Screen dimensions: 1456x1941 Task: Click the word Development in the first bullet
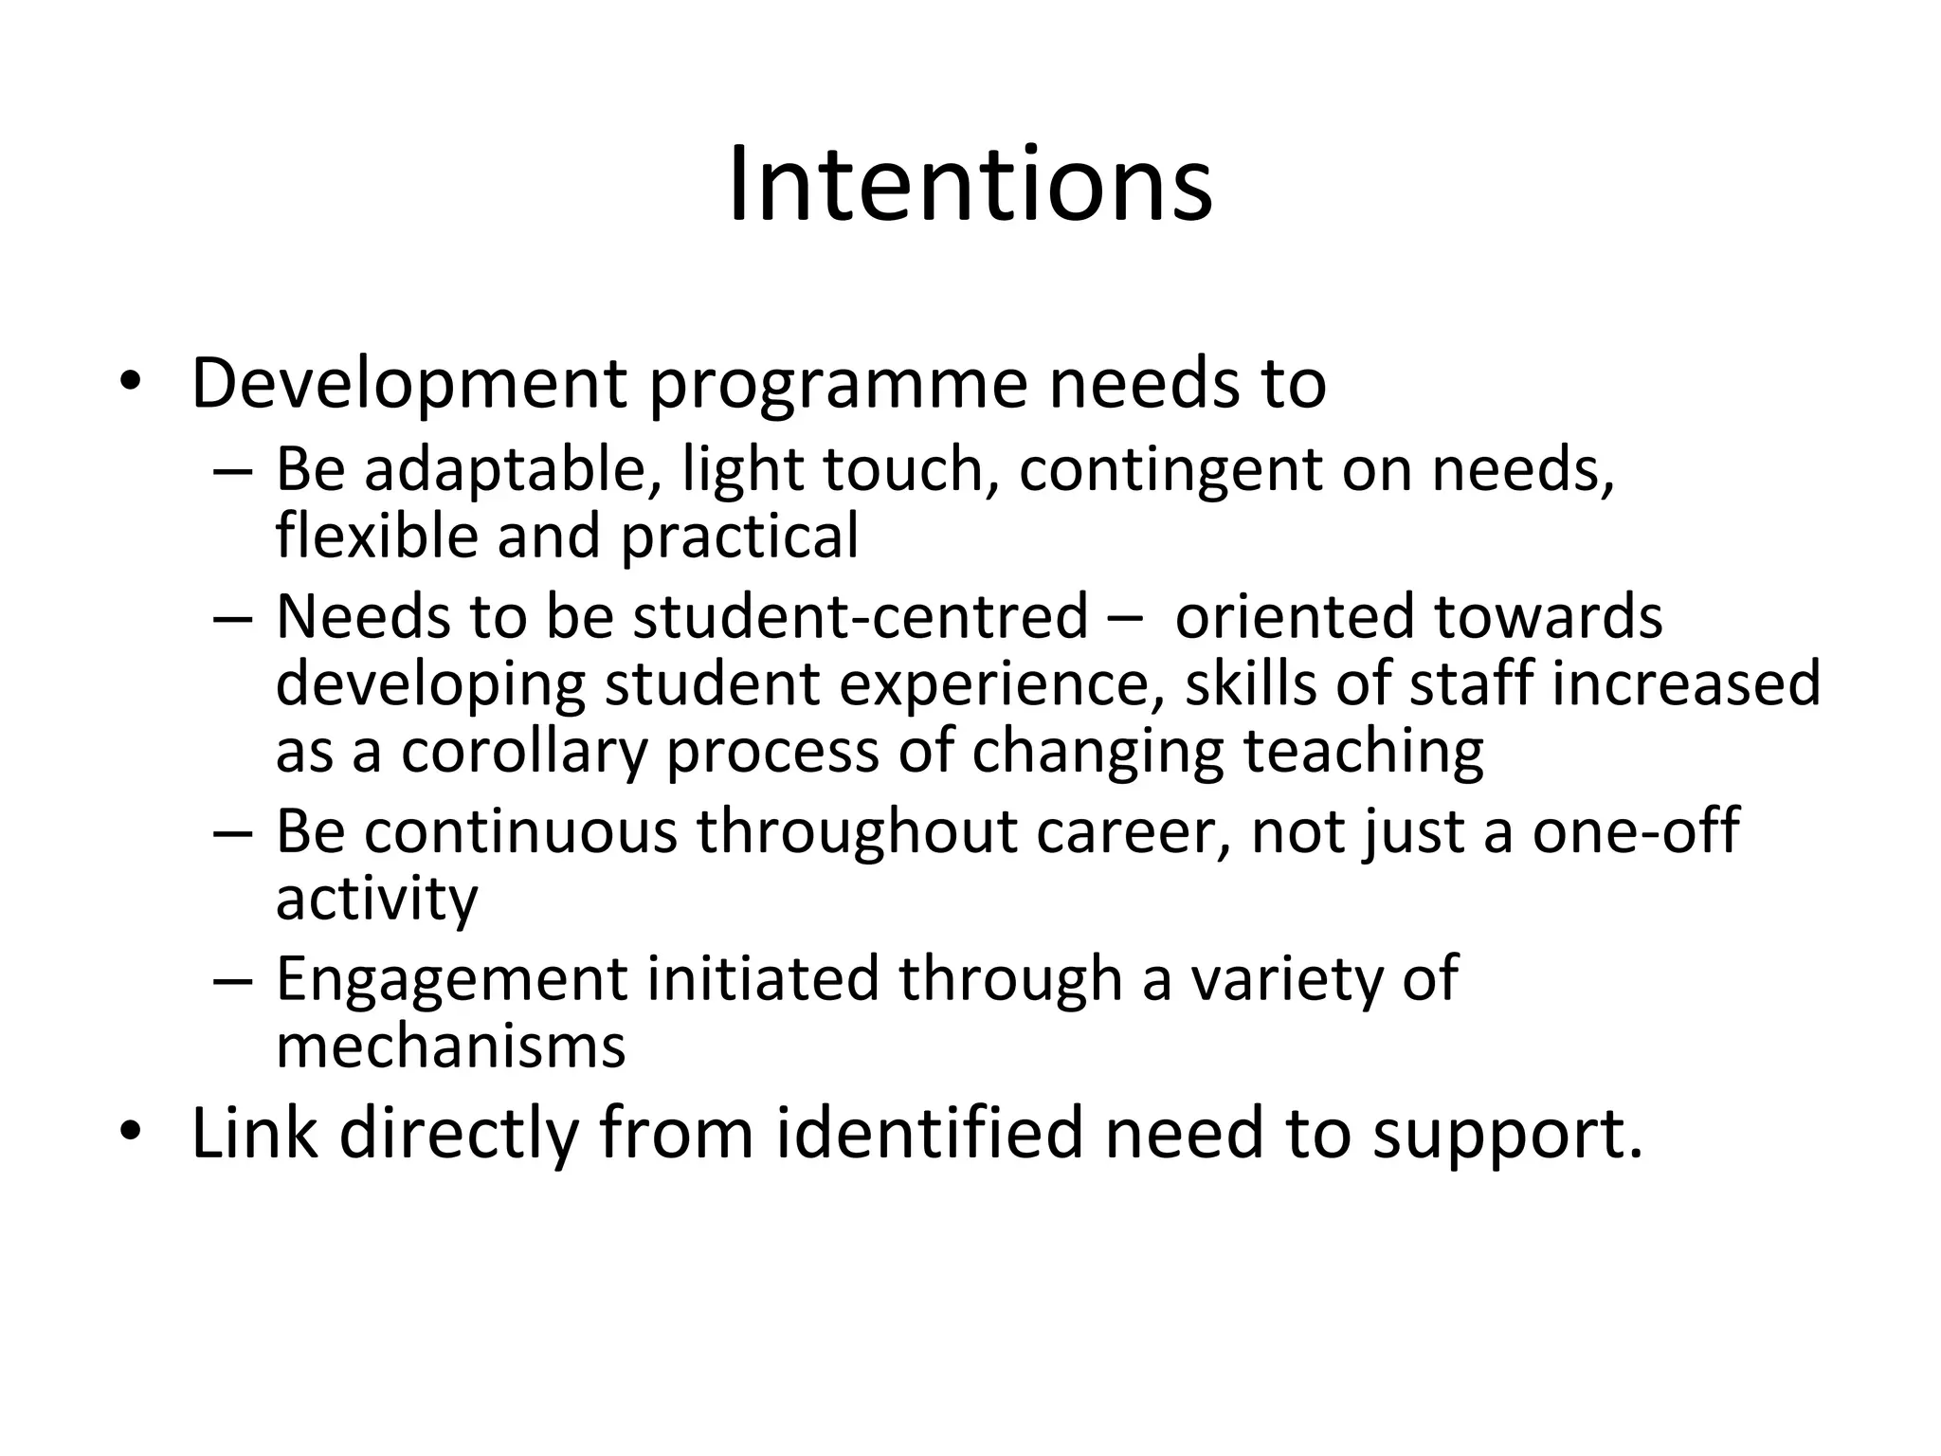[408, 383]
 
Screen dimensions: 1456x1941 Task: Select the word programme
[838, 385]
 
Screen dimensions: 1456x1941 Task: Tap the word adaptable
[504, 469]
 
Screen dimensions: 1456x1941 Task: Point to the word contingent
[1170, 471]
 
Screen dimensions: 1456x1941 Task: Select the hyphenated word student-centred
[861, 616]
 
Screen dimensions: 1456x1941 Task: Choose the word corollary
[523, 751]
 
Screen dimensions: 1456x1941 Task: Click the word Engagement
[452, 979]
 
